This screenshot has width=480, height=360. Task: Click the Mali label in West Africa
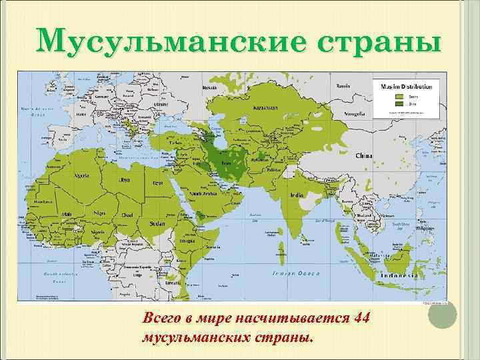pyautogui.click(x=67, y=214)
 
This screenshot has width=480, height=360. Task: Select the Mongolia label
pyautogui.click(x=353, y=114)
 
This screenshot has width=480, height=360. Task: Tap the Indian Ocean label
pyautogui.click(x=296, y=273)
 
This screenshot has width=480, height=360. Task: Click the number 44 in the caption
pyautogui.click(x=363, y=316)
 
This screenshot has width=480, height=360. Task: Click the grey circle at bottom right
pyautogui.click(x=441, y=319)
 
